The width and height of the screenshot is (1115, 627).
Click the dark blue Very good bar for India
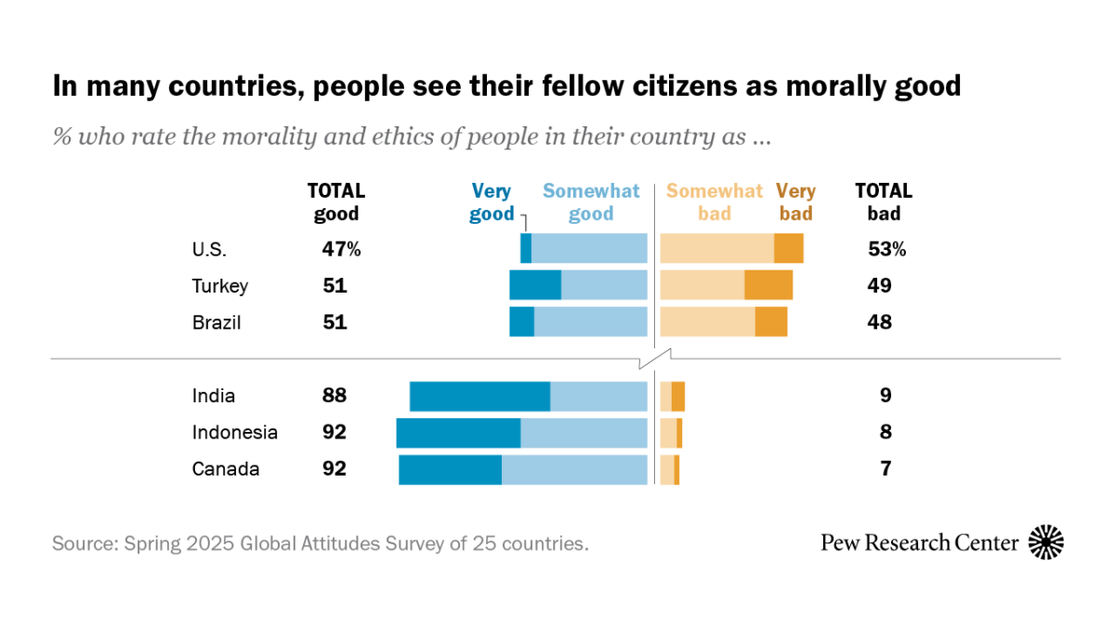click(x=479, y=397)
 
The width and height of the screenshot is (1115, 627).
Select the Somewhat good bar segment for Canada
click(x=574, y=470)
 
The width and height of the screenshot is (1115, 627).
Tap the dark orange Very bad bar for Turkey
click(x=768, y=285)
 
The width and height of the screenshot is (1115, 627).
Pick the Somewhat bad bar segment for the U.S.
click(x=716, y=249)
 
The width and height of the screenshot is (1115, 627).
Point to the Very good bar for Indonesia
click(x=458, y=433)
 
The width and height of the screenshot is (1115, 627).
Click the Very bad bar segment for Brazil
click(x=771, y=321)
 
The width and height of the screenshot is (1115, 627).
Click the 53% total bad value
click(x=885, y=250)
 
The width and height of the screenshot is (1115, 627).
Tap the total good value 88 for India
click(x=334, y=396)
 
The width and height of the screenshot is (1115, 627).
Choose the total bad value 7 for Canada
click(x=885, y=469)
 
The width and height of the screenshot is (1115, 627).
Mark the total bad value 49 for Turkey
click(x=880, y=286)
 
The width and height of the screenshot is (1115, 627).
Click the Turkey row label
click(x=220, y=286)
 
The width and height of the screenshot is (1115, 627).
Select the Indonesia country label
click(x=234, y=433)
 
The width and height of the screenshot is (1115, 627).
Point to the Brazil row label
click(x=216, y=322)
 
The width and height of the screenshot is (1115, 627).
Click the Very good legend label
click(x=492, y=202)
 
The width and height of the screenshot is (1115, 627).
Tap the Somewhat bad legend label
click(x=714, y=202)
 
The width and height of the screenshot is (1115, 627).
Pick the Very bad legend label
click(x=795, y=202)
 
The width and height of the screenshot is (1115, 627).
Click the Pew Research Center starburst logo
click(x=1046, y=542)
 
